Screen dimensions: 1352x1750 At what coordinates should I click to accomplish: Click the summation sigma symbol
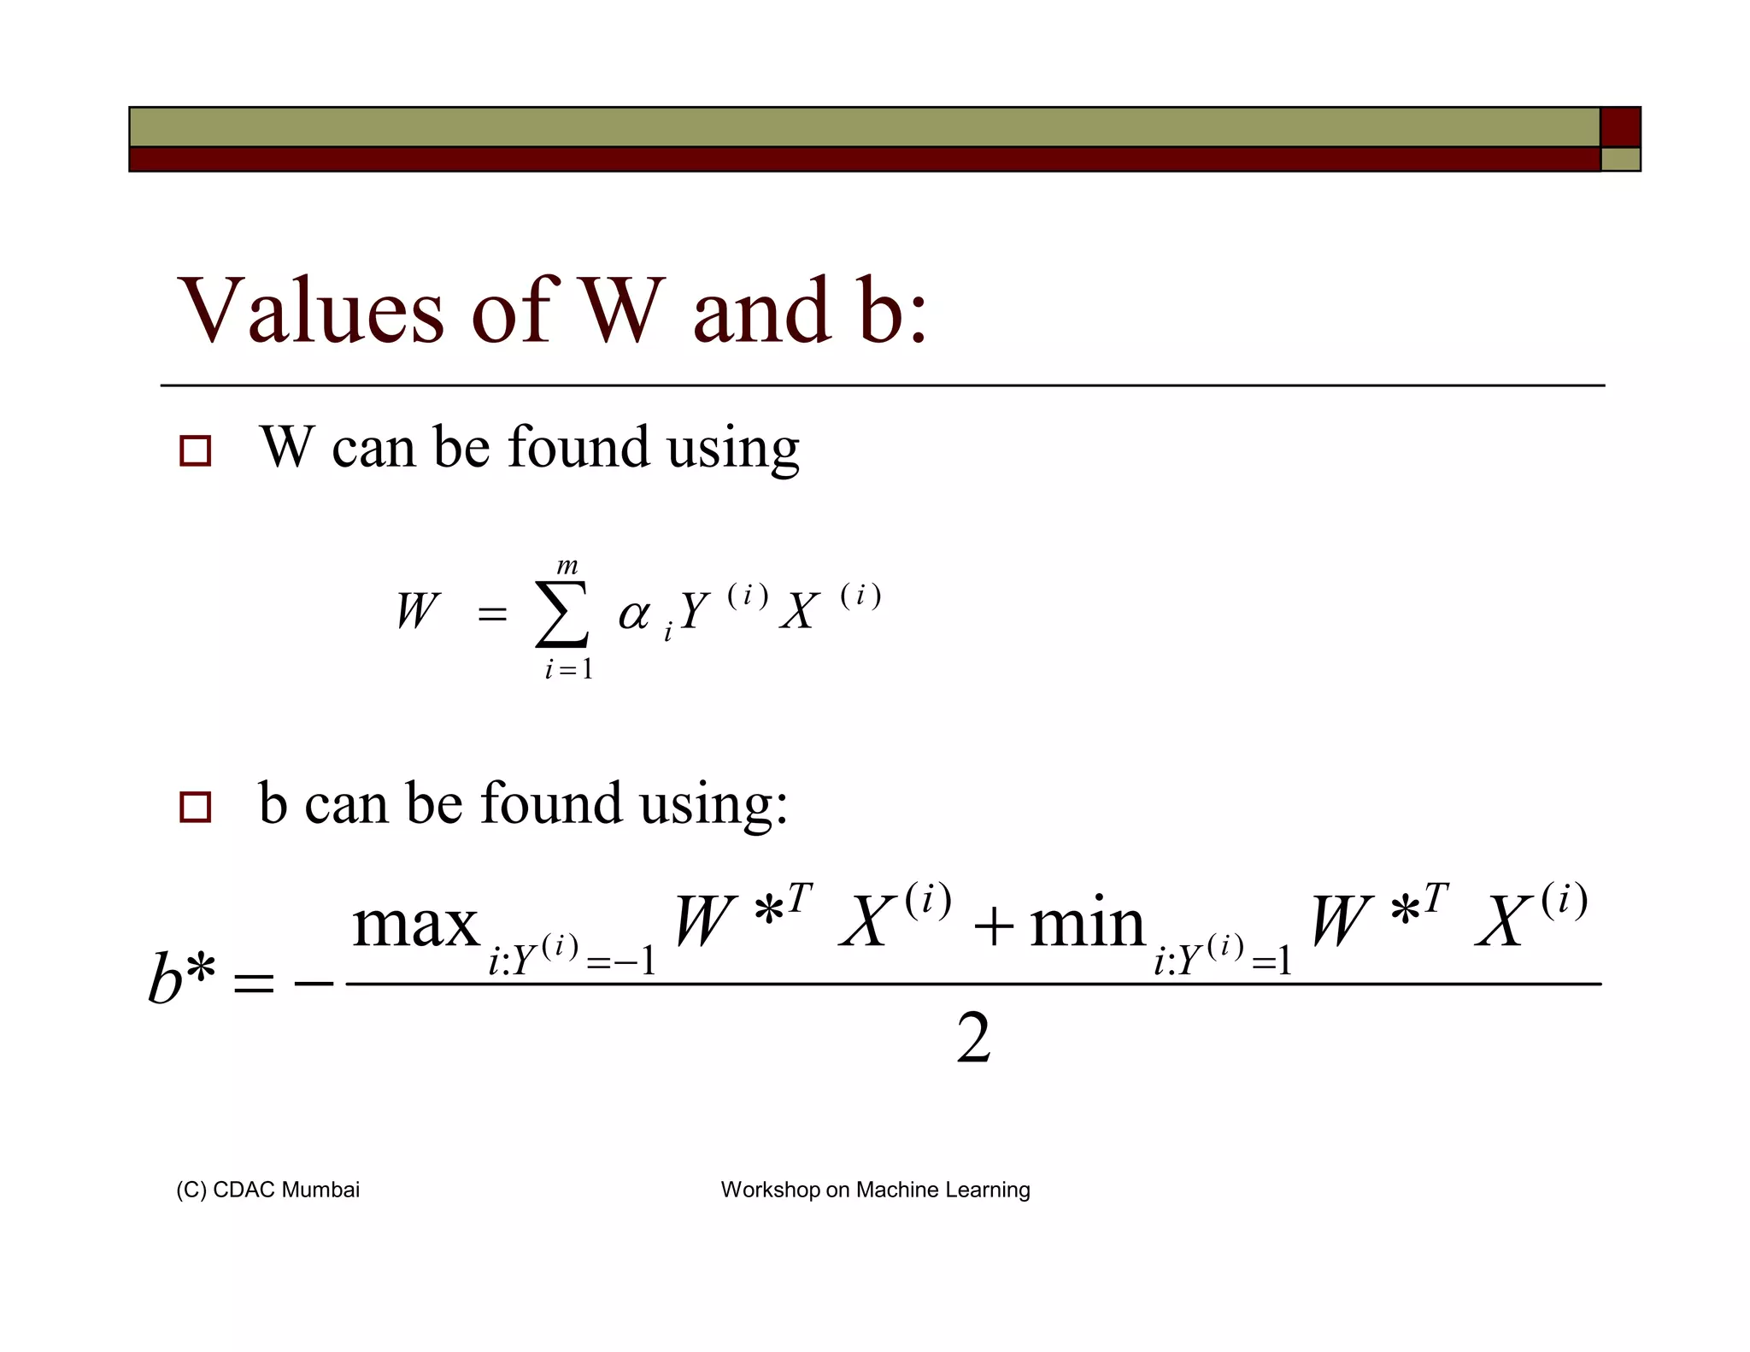tap(561, 614)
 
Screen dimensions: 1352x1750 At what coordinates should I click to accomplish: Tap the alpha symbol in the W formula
tap(634, 614)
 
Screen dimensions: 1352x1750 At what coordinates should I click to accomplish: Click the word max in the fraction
tap(416, 926)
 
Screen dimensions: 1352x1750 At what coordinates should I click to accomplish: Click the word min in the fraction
tap(1087, 925)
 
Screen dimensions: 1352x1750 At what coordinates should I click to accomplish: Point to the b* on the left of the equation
tap(180, 977)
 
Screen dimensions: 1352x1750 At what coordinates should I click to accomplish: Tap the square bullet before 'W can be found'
tap(196, 450)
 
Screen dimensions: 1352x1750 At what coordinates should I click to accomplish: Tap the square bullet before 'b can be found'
tap(196, 807)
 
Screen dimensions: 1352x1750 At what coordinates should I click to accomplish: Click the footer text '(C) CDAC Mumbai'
tap(267, 1190)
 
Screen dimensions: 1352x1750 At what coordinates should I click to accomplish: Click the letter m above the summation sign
tap(567, 566)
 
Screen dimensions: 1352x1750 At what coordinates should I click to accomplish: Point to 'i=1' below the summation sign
tap(568, 669)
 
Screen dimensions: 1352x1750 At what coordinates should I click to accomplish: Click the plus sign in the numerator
tap(993, 926)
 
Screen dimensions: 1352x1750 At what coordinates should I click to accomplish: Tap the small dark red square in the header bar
tap(1620, 127)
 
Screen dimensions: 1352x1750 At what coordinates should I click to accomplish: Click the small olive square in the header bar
tap(1620, 160)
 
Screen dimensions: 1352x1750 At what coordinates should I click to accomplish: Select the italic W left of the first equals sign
tap(417, 612)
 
